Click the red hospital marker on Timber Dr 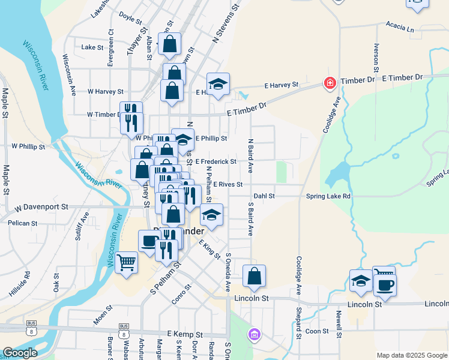pyautogui.click(x=329, y=83)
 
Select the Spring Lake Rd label pyautogui.click(x=328, y=196)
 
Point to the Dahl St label pyautogui.click(x=264, y=196)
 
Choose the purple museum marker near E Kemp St pyautogui.click(x=255, y=334)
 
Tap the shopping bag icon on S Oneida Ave pyautogui.click(x=255, y=276)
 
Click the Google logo pyautogui.click(x=19, y=352)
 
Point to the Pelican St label pyautogui.click(x=23, y=223)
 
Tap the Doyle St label pyautogui.click(x=130, y=16)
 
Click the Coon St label pyautogui.click(x=317, y=331)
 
